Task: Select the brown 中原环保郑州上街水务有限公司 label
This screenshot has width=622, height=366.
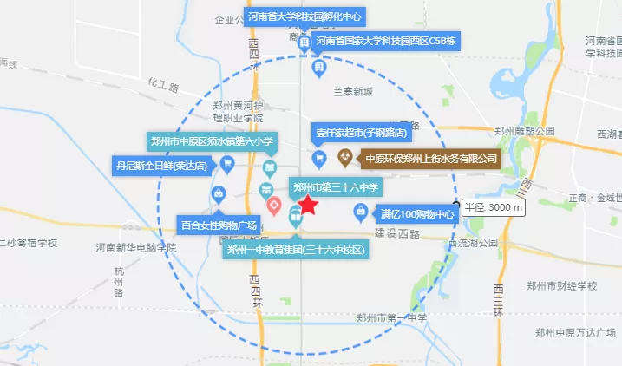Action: point(431,159)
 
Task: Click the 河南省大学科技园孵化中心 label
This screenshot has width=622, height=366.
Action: point(304,16)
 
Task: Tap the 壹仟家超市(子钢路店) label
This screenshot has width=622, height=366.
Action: point(362,132)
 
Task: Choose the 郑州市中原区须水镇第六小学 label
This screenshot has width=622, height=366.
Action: point(213,141)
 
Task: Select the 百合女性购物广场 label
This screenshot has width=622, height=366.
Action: point(219,225)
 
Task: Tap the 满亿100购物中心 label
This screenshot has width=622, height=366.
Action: point(416,213)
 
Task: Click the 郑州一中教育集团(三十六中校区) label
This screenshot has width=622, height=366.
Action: point(295,251)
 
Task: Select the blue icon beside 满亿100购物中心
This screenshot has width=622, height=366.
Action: point(360,212)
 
